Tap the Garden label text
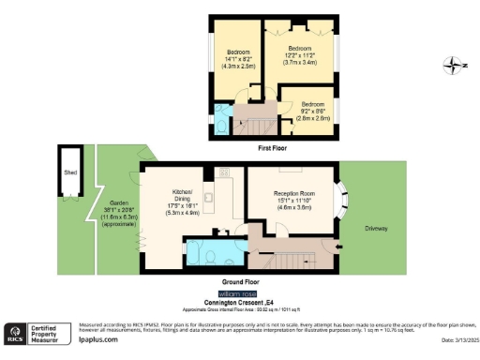(x=118, y=203)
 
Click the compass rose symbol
(x=453, y=65)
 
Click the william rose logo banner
(x=240, y=293)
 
